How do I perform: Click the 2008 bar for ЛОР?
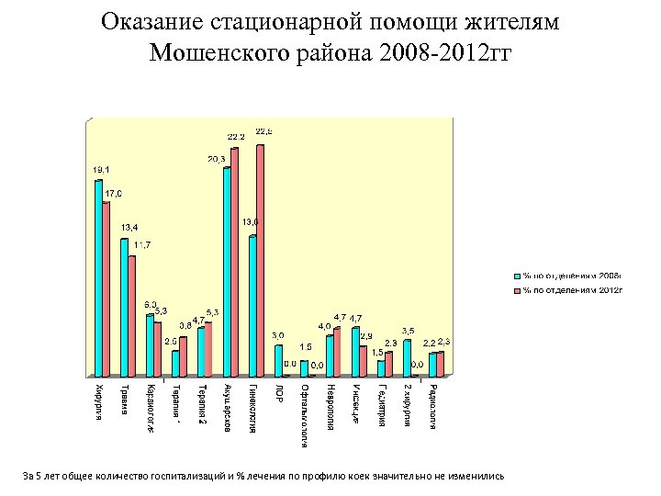pyautogui.click(x=278, y=360)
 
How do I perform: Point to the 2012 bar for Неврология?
pyautogui.click(x=338, y=351)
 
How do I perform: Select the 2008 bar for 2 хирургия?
pyautogui.click(x=407, y=358)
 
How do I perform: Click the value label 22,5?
pyautogui.click(x=263, y=131)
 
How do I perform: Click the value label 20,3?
pyautogui.click(x=218, y=159)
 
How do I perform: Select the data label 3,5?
pyautogui.click(x=408, y=330)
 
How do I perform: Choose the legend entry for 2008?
pyautogui.click(x=570, y=275)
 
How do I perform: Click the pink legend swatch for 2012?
pyautogui.click(x=517, y=290)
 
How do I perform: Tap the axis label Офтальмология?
pyautogui.click(x=304, y=413)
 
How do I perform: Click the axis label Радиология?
pyautogui.click(x=432, y=406)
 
